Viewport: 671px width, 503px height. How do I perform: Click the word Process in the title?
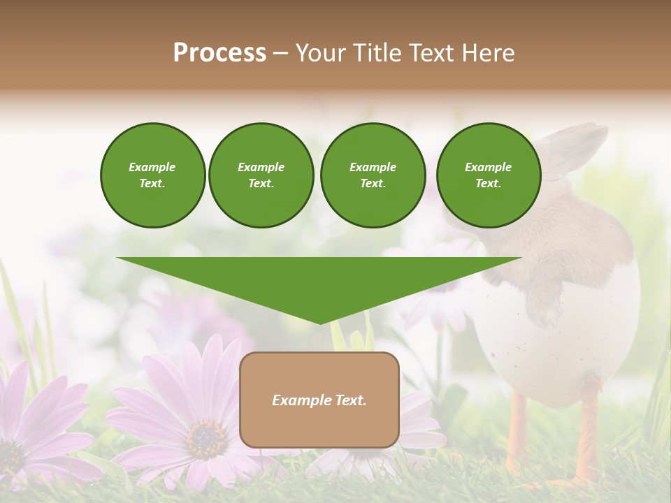219,53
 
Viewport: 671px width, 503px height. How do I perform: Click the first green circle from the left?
152,175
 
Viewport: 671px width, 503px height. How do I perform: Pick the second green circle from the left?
261,175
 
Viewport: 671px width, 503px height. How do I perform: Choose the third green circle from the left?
373,175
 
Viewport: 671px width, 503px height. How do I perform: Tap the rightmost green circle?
489,175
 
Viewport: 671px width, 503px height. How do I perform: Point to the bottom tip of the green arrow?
320,323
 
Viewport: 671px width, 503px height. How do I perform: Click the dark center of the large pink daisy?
205,439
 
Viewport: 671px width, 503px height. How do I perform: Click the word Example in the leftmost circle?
152,167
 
